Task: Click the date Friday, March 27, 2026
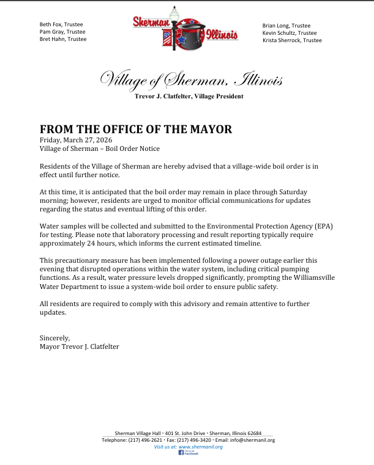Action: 73,140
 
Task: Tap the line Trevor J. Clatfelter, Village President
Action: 189,97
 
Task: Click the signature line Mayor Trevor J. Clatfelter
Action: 80,346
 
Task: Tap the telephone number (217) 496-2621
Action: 145,440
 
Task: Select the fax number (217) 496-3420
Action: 195,440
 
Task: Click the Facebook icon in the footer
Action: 181,453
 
